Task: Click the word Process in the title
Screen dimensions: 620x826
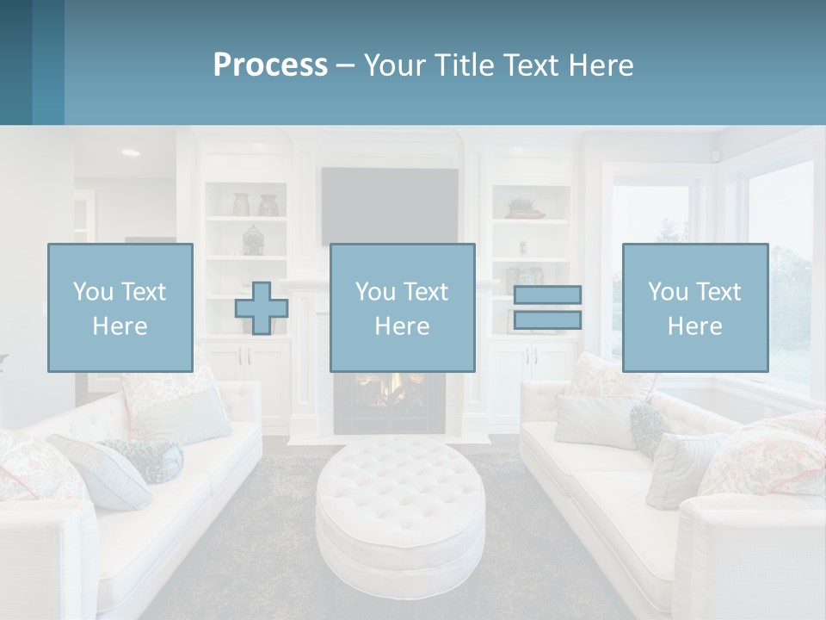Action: [270, 65]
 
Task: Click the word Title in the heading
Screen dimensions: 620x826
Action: [464, 65]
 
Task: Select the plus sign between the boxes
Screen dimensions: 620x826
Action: [262, 308]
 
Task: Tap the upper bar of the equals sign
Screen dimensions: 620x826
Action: [547, 294]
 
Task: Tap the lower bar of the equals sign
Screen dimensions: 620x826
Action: [547, 319]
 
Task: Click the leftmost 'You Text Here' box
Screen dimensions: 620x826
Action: [120, 307]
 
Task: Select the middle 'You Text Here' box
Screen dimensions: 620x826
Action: [402, 307]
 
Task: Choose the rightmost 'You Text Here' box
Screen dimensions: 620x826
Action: [694, 307]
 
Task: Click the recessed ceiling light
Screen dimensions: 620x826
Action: [130, 152]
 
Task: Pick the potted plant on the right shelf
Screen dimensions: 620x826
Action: [522, 208]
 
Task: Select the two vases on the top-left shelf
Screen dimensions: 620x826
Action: [256, 205]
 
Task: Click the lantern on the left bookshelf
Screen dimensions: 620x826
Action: [252, 240]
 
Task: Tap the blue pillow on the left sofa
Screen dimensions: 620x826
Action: [99, 471]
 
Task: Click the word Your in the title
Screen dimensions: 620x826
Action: [396, 65]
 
